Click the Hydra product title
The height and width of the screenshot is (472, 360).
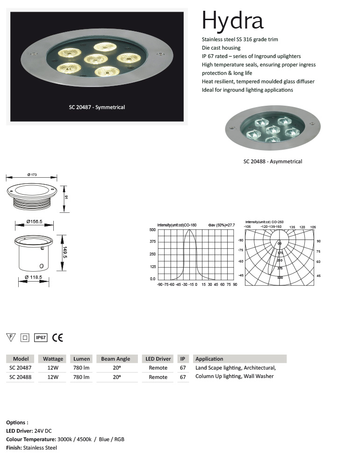tap(232, 21)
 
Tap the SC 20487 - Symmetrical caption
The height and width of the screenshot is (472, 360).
tap(97, 107)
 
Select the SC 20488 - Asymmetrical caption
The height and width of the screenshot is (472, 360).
tap(273, 161)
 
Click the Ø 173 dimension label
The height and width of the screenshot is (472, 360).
tap(32, 174)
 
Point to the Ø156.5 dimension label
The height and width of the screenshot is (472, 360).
tap(35, 221)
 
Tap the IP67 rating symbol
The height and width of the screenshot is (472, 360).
tap(41, 337)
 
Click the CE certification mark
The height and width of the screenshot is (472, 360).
tap(58, 337)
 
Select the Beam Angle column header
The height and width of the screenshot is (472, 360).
tap(115, 359)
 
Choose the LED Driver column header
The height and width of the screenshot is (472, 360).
tap(158, 359)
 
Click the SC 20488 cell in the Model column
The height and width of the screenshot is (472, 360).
tap(21, 377)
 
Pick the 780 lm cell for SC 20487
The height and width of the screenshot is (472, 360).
tap(81, 368)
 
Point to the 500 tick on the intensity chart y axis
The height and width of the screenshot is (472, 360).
tap(152, 230)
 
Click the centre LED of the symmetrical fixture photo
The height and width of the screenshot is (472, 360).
tap(96, 59)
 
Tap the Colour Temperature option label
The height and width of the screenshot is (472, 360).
tap(31, 439)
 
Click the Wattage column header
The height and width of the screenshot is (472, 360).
tap(53, 359)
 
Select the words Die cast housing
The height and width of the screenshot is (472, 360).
tap(221, 48)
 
